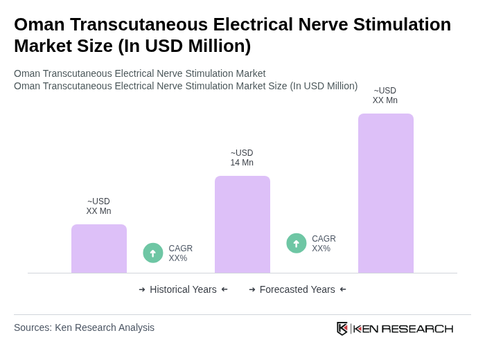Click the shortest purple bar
[99, 249]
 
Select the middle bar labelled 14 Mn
[242, 224]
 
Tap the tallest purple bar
[386, 193]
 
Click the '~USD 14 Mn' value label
[242, 158]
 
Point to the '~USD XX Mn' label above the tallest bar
[385, 96]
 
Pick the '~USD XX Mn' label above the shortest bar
[98, 206]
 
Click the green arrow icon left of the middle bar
[153, 253]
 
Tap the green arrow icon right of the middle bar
[297, 244]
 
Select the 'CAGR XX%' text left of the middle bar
[181, 253]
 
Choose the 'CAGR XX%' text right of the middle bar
[324, 244]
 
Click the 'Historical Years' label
[183, 289]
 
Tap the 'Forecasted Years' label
[297, 289]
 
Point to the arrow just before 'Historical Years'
[142, 289]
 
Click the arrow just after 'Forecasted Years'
[343, 289]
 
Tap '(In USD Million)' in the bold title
[184, 46]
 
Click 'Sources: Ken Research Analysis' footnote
[84, 327]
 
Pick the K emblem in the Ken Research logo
[342, 328]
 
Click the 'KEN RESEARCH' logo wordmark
[403, 328]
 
